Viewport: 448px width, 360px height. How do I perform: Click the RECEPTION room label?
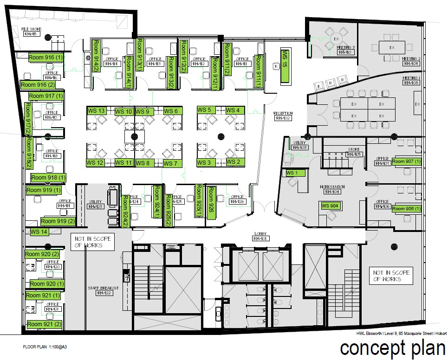[x=283, y=116]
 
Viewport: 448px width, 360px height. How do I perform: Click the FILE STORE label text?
[x=32, y=32]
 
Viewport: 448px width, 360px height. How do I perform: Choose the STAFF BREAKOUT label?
[x=104, y=290]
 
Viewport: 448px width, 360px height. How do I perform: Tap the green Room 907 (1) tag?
[x=407, y=161]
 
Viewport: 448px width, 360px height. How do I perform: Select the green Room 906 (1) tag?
[x=407, y=209]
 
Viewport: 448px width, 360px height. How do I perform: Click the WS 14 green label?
[x=39, y=231]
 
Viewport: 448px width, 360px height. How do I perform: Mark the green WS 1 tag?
[x=292, y=173]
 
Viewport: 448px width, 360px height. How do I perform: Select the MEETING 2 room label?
[x=411, y=61]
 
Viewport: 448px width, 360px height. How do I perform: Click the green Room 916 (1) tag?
[x=46, y=57]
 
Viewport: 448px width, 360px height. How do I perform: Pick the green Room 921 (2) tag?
[x=44, y=324]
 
